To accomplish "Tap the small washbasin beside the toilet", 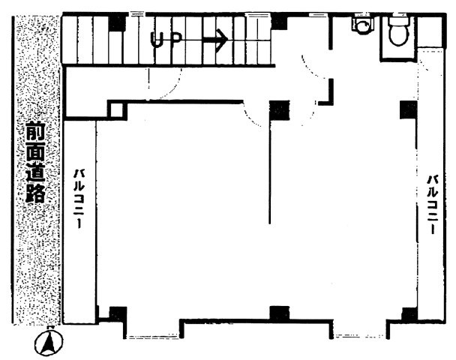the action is (362, 25).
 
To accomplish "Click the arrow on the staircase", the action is (215, 40).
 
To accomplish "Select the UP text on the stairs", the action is (167, 40).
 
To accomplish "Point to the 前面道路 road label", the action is (35, 163).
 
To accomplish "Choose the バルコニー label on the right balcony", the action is (433, 204).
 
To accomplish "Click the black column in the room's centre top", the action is (280, 110).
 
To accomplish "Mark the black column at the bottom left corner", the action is (118, 314).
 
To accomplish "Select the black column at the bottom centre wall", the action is (280, 313).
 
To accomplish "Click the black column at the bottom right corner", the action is (409, 315).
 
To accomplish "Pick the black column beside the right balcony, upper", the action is (409, 109).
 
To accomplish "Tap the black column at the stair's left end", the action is (117, 23).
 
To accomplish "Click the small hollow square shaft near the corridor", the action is (117, 109).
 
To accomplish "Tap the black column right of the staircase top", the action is (280, 22).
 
